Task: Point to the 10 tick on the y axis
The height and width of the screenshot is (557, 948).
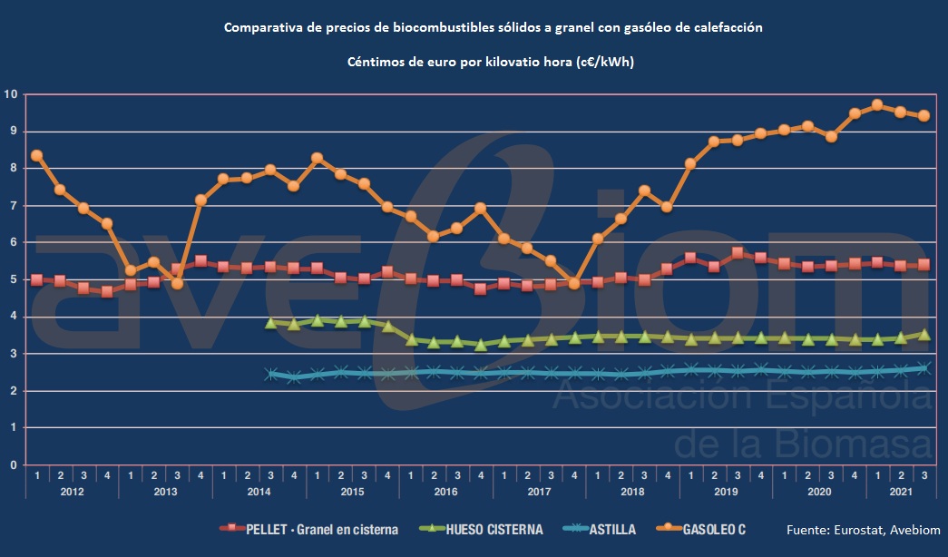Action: [12, 94]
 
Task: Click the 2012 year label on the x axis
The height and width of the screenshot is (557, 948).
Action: [72, 491]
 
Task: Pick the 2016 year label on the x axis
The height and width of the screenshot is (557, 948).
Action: [445, 491]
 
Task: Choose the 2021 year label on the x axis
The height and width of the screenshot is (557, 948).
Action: [901, 491]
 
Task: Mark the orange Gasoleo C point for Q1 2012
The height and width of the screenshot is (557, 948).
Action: [36, 155]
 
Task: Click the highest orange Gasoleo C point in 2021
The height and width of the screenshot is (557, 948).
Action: [877, 105]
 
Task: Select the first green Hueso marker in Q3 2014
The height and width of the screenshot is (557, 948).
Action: [270, 322]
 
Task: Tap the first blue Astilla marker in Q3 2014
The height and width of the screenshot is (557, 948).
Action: [270, 374]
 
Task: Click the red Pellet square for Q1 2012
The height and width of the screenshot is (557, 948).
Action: [36, 279]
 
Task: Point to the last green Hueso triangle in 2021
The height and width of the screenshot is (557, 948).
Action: [924, 334]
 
